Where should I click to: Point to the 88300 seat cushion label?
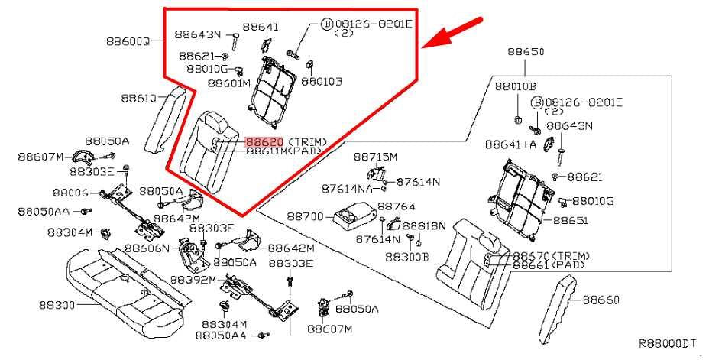(x=57, y=305)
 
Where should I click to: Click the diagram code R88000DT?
(x=667, y=343)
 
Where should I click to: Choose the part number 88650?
(x=526, y=52)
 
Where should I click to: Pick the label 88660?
(x=601, y=300)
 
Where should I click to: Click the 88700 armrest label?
(x=305, y=216)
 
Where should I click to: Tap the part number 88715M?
(x=375, y=157)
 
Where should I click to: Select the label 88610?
(x=138, y=98)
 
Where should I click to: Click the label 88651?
(x=570, y=219)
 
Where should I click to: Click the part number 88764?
(x=396, y=206)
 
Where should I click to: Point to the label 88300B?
(x=406, y=257)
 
